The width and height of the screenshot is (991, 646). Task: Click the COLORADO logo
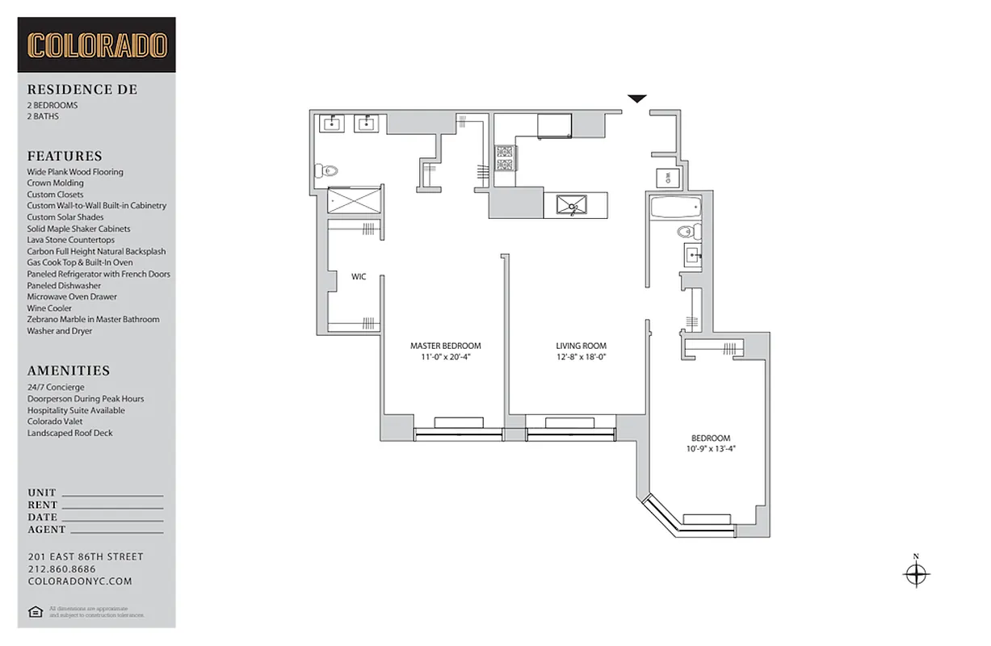point(97,45)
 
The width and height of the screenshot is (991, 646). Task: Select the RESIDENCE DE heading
point(82,90)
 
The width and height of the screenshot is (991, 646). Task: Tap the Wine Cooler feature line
point(49,308)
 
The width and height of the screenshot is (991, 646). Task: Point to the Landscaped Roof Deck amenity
point(69,433)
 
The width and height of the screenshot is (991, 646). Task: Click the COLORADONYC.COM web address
point(79,581)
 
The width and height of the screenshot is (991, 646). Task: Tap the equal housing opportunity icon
point(35,611)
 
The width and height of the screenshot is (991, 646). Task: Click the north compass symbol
point(916,574)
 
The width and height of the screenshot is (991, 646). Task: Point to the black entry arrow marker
point(637,99)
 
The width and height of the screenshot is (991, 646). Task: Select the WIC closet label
point(359,277)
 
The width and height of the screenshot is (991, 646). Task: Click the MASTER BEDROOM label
point(445,346)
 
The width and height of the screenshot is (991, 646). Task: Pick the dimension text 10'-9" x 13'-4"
point(711,449)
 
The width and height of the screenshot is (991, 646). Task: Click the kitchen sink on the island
point(573,206)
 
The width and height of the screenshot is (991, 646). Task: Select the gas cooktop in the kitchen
point(505,158)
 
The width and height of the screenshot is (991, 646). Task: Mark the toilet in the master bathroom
point(327,171)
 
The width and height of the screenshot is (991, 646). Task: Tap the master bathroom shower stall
point(354,201)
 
